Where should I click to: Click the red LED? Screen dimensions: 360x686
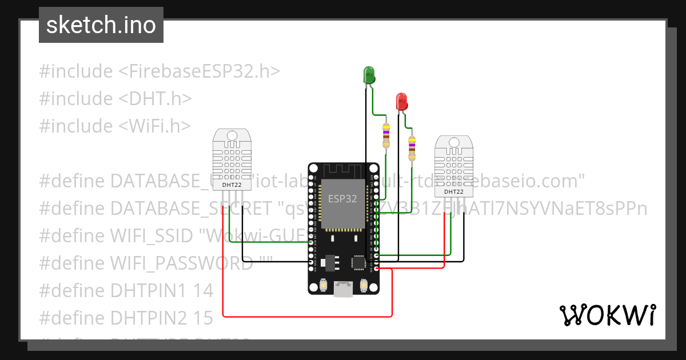pos(402,102)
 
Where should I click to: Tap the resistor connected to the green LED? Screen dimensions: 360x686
pos(386,135)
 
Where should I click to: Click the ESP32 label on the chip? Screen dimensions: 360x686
pos(342,199)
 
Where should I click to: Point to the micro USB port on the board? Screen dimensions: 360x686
pos(343,290)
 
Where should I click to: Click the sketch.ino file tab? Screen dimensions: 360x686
pos(101,25)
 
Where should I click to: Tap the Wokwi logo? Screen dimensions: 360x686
pos(607,315)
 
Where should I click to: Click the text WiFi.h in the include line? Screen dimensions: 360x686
pos(154,125)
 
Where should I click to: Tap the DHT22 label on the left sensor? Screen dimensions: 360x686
pos(232,185)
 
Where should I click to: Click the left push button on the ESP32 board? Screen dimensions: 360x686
pos(324,284)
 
